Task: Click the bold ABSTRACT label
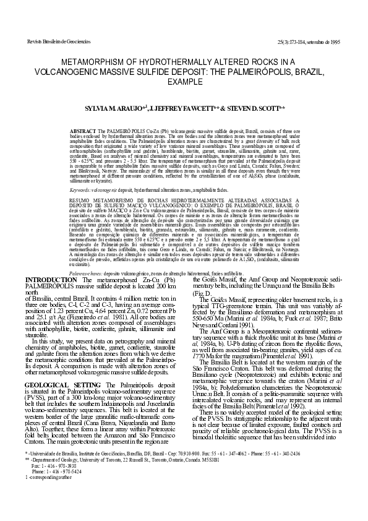pos(82,133)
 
